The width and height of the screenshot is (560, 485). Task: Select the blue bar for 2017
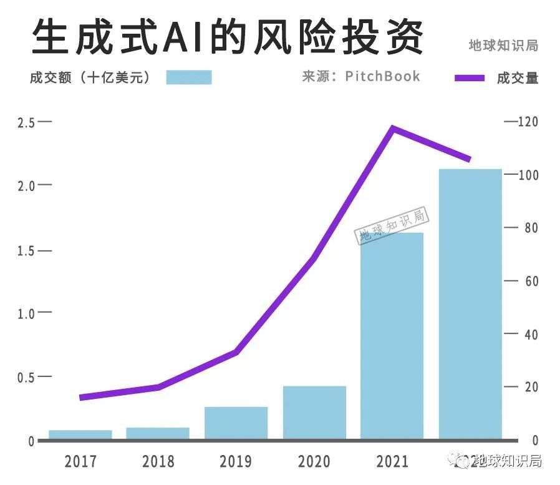(x=80, y=434)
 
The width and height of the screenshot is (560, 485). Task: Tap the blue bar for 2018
(x=158, y=433)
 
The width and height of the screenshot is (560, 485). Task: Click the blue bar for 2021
(x=392, y=337)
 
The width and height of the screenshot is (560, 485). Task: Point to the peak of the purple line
(x=392, y=128)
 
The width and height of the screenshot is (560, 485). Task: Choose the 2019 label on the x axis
(x=236, y=462)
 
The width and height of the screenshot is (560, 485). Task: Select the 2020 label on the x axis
(x=314, y=462)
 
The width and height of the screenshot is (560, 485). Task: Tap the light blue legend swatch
(x=189, y=77)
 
